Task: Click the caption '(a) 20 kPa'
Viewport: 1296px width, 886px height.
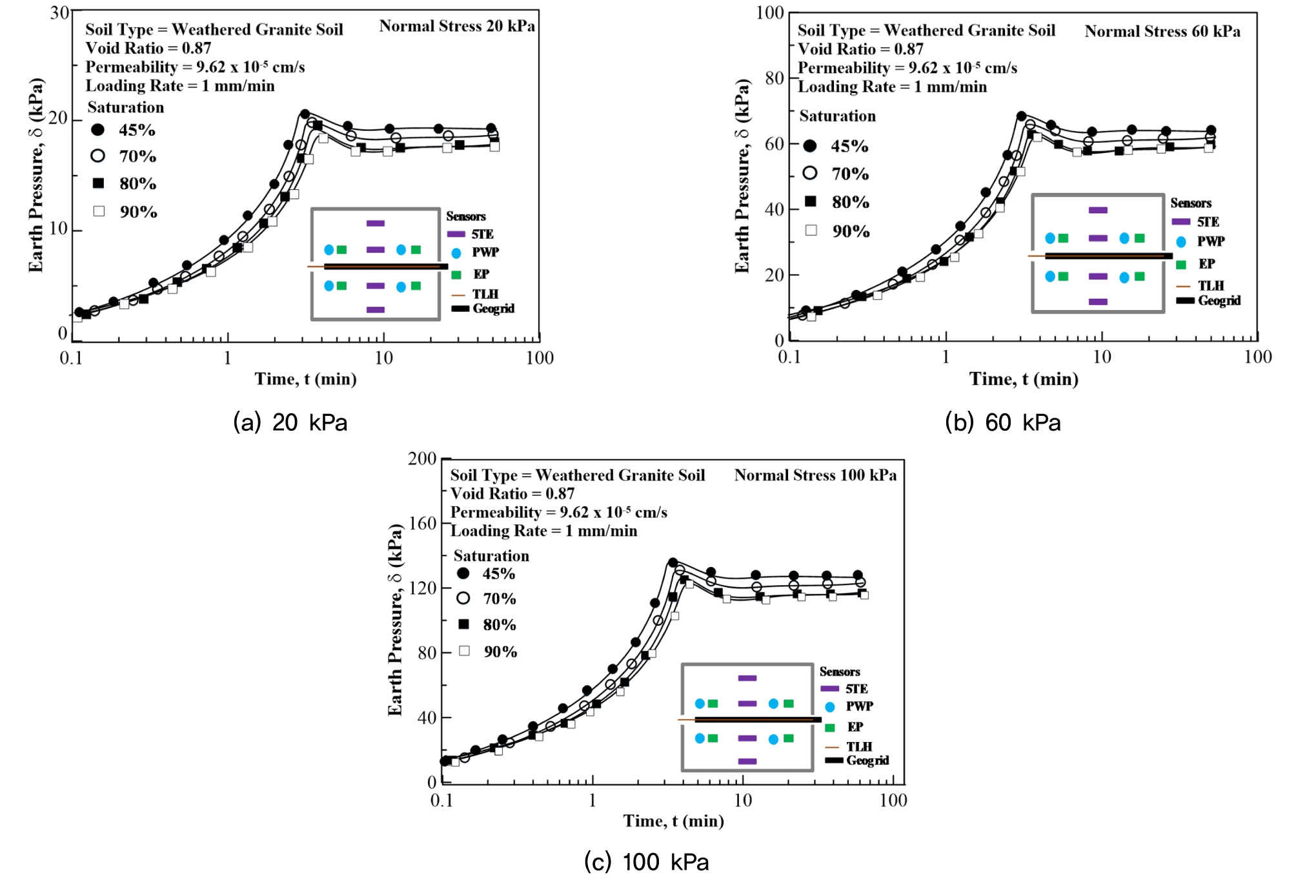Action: [290, 422]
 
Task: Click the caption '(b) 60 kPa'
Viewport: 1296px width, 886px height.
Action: [1002, 422]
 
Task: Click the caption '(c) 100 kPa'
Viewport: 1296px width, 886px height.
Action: [646, 862]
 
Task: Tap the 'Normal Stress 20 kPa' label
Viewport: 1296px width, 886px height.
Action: [456, 26]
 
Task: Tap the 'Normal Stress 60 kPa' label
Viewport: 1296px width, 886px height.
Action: [1162, 32]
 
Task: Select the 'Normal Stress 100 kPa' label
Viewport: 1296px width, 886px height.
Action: [815, 475]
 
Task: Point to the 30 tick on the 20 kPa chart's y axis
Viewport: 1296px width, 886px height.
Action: [59, 13]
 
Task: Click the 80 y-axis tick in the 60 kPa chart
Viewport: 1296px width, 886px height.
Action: [774, 78]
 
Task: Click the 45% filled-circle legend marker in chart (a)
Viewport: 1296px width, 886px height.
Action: [98, 130]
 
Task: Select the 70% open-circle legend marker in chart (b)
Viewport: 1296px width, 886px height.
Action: [810, 173]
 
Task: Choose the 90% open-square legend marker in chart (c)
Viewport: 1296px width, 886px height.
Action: [464, 651]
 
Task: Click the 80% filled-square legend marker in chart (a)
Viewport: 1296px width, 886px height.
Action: [98, 183]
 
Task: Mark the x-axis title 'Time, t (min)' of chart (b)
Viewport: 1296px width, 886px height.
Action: [1023, 379]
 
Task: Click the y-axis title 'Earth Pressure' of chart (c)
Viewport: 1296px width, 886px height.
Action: [395, 620]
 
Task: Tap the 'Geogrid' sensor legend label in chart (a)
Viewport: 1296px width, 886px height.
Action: [493, 309]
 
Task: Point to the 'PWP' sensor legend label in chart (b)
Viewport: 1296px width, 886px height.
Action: [1210, 242]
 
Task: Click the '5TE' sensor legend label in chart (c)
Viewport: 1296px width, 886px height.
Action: [856, 689]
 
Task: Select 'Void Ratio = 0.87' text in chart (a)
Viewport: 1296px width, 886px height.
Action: [148, 48]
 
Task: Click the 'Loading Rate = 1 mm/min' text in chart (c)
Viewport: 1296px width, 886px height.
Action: [543, 531]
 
